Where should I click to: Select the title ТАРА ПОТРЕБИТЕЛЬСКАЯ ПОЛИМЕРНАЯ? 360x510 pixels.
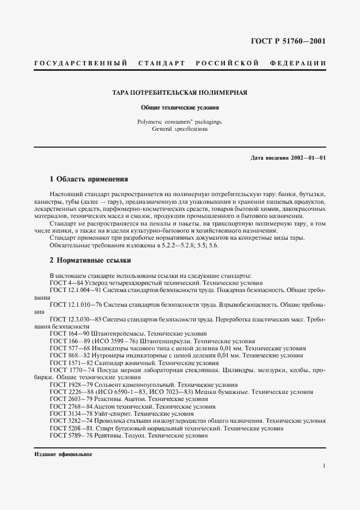pyautogui.click(x=180, y=93)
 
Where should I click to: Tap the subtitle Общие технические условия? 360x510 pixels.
pyautogui.click(x=180, y=108)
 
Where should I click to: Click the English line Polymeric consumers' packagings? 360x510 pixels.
pyautogui.click(x=180, y=122)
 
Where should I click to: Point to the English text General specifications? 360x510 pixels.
pyautogui.click(x=180, y=130)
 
